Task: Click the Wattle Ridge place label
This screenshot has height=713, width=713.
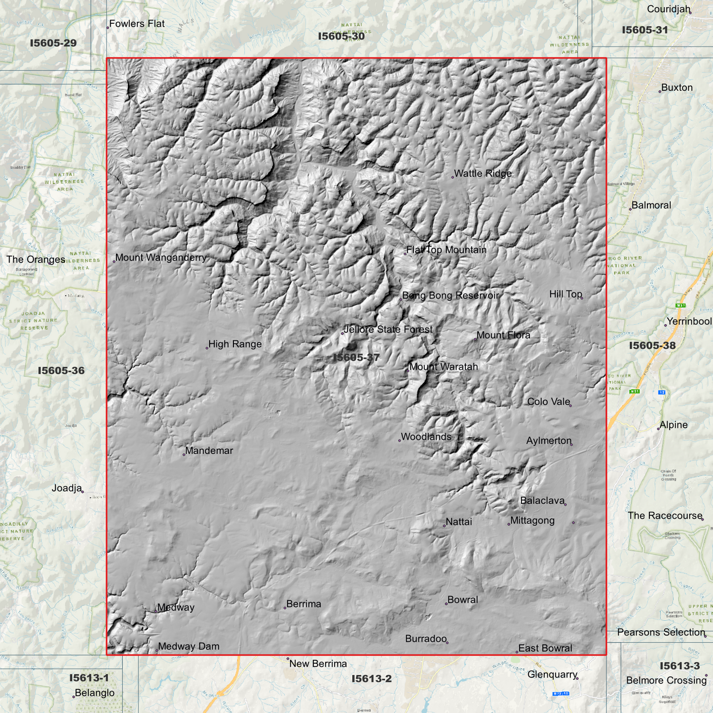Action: click(x=483, y=174)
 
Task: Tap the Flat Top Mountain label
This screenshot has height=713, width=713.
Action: click(x=447, y=250)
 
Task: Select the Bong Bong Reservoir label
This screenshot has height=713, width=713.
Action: click(x=450, y=296)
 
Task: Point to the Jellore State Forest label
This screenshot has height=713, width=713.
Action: click(x=388, y=330)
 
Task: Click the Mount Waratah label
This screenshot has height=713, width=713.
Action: click(x=444, y=367)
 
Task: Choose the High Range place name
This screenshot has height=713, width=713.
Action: click(x=235, y=344)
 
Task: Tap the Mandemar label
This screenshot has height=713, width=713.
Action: click(x=209, y=450)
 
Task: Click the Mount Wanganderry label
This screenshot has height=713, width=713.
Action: click(x=161, y=258)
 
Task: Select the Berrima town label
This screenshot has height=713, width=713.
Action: click(x=303, y=604)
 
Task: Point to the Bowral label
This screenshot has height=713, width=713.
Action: click(x=462, y=600)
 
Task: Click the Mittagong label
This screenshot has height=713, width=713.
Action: click(x=532, y=521)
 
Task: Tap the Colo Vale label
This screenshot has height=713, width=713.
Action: click(x=549, y=402)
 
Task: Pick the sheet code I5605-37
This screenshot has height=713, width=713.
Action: click(x=356, y=357)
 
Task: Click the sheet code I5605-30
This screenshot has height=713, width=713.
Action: click(x=341, y=36)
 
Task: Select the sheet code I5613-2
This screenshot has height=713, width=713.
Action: click(x=372, y=679)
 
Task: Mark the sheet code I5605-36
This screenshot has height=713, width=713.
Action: click(x=61, y=371)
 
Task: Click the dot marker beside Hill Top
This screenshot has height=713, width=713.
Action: click(x=582, y=298)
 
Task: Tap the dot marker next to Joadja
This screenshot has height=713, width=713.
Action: click(x=82, y=491)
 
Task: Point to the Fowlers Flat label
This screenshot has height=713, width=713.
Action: click(x=137, y=24)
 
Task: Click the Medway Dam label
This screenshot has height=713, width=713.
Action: click(x=188, y=646)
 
